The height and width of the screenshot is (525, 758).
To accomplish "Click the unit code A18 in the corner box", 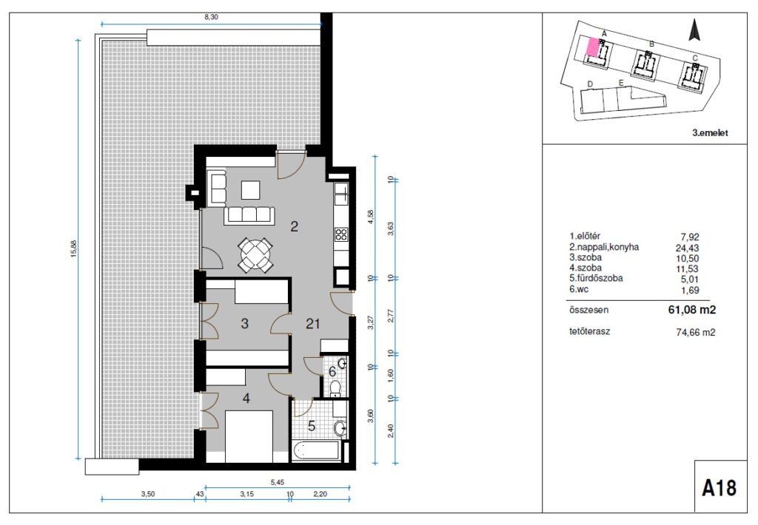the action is [720, 488].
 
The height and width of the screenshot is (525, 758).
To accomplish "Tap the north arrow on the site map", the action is [694, 30].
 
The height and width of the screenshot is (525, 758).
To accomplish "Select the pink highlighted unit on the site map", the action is [591, 47].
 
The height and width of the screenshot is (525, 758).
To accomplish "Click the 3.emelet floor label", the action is [710, 133].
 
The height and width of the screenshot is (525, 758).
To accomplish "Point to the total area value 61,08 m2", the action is [692, 310].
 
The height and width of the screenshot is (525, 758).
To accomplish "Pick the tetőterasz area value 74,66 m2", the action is [695, 332].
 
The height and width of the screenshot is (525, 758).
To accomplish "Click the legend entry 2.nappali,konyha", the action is [604, 247].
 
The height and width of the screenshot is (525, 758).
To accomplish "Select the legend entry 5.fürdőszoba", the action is [596, 279].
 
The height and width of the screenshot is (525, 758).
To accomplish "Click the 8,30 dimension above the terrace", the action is [211, 16].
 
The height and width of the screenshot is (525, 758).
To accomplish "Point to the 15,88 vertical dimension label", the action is [73, 248].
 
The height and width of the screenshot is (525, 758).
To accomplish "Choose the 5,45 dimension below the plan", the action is [278, 482].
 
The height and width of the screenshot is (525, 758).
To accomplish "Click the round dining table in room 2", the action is [254, 254].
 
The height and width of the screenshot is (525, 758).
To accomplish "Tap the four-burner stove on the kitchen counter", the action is [341, 234].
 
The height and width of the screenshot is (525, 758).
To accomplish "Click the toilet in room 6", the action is [335, 387].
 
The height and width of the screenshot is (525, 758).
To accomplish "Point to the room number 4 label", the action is [246, 399].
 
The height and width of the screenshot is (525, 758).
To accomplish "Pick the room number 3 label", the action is [244, 323].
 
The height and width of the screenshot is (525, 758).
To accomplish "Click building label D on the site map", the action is [590, 84].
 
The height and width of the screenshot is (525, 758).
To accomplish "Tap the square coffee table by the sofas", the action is [251, 190].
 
